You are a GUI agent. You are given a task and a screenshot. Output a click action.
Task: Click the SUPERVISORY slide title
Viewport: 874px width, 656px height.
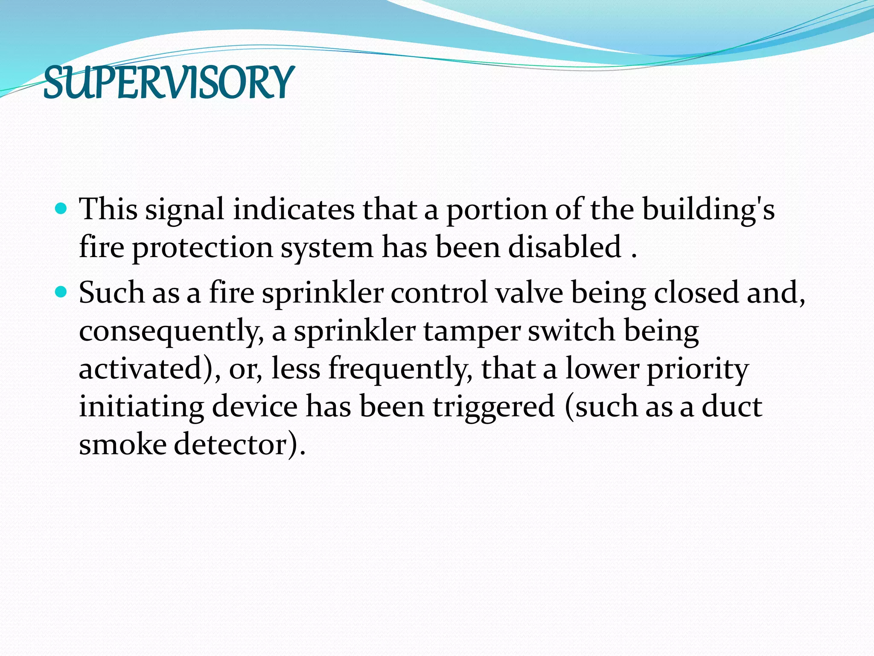click(169, 82)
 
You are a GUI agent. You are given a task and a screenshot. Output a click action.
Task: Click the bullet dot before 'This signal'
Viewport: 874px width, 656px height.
click(62, 209)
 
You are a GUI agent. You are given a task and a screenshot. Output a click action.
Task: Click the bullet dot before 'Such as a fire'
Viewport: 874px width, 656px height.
click(62, 292)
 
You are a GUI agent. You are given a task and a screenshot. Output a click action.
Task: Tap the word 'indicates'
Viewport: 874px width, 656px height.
click(294, 210)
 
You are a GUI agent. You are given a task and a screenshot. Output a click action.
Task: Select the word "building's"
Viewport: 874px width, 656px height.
click(708, 210)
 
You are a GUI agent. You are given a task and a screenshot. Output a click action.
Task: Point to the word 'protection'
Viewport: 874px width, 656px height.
click(202, 248)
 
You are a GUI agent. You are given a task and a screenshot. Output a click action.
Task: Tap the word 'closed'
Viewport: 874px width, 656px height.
click(696, 293)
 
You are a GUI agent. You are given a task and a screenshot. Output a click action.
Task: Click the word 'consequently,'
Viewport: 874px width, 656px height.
click(171, 331)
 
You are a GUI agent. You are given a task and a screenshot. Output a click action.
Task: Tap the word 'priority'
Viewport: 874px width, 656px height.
click(698, 369)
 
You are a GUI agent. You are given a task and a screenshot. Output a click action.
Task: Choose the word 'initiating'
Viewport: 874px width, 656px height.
click(141, 407)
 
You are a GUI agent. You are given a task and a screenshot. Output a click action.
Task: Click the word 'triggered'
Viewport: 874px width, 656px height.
click(494, 407)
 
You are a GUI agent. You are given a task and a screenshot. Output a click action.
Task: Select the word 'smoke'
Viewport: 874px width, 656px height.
click(122, 444)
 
